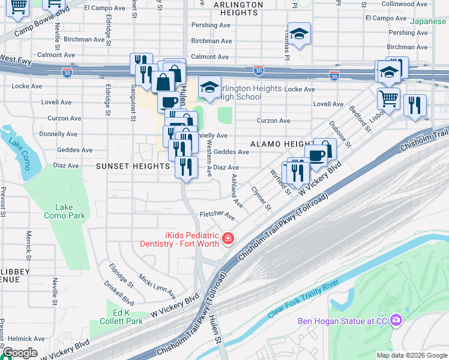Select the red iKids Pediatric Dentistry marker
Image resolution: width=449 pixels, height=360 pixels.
pyautogui.click(x=228, y=240)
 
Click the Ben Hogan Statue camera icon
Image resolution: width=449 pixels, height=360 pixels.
pyautogui.click(x=396, y=320)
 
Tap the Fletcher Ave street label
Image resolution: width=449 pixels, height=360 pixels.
pyautogui.click(x=217, y=214)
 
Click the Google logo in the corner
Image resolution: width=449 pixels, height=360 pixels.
pyautogui.click(x=19, y=353)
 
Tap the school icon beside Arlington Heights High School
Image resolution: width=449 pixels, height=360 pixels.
pyautogui.click(x=210, y=88)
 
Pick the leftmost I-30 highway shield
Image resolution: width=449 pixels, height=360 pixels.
pyautogui.click(x=67, y=73)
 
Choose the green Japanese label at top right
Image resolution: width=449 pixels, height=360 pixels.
pyautogui.click(x=429, y=21)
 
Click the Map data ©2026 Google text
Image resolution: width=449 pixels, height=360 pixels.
pyautogui.click(x=411, y=355)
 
